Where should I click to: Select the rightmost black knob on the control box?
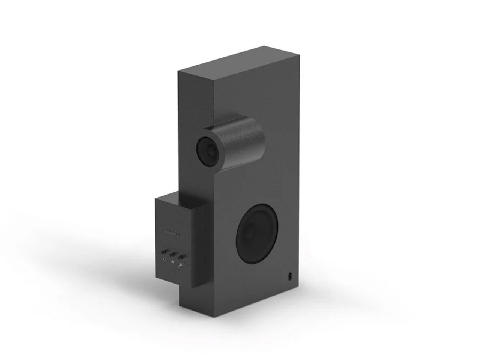tap(181, 258)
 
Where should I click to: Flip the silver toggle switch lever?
tap(181, 265)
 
